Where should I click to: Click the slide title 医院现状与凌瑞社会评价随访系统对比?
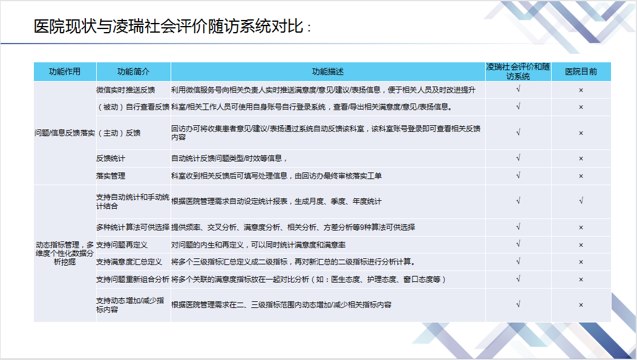pyautogui.click(x=169, y=27)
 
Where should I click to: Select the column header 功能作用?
pyautogui.click(x=65, y=72)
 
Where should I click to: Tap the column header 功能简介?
pyautogui.click(x=133, y=72)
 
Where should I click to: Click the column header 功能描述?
pyautogui.click(x=328, y=72)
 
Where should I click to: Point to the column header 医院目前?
pyautogui.click(x=581, y=72)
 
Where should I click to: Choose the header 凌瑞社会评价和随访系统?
pyautogui.click(x=518, y=71)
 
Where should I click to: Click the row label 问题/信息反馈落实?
pyautogui.click(x=65, y=133)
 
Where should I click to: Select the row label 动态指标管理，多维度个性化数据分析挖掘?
pyautogui.click(x=65, y=253)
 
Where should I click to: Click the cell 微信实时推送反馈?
pyautogui.click(x=126, y=90)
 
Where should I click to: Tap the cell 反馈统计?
pyautogui.click(x=111, y=159)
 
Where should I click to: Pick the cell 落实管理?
pyautogui.click(x=111, y=176)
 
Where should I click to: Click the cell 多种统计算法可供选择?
pyautogui.click(x=133, y=227)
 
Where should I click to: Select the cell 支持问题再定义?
pyautogui.click(x=122, y=245)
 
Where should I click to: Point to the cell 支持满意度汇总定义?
pyautogui.click(x=129, y=262)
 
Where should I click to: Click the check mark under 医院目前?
pyautogui.click(x=581, y=201)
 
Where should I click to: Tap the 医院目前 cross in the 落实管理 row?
pyautogui.click(x=581, y=176)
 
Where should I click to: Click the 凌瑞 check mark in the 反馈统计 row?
pyautogui.click(x=518, y=158)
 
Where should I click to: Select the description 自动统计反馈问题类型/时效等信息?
pyautogui.click(x=229, y=159)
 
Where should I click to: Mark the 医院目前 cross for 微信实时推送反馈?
pyautogui.click(x=581, y=90)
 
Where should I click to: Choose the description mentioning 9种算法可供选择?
pyautogui.click(x=293, y=227)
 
